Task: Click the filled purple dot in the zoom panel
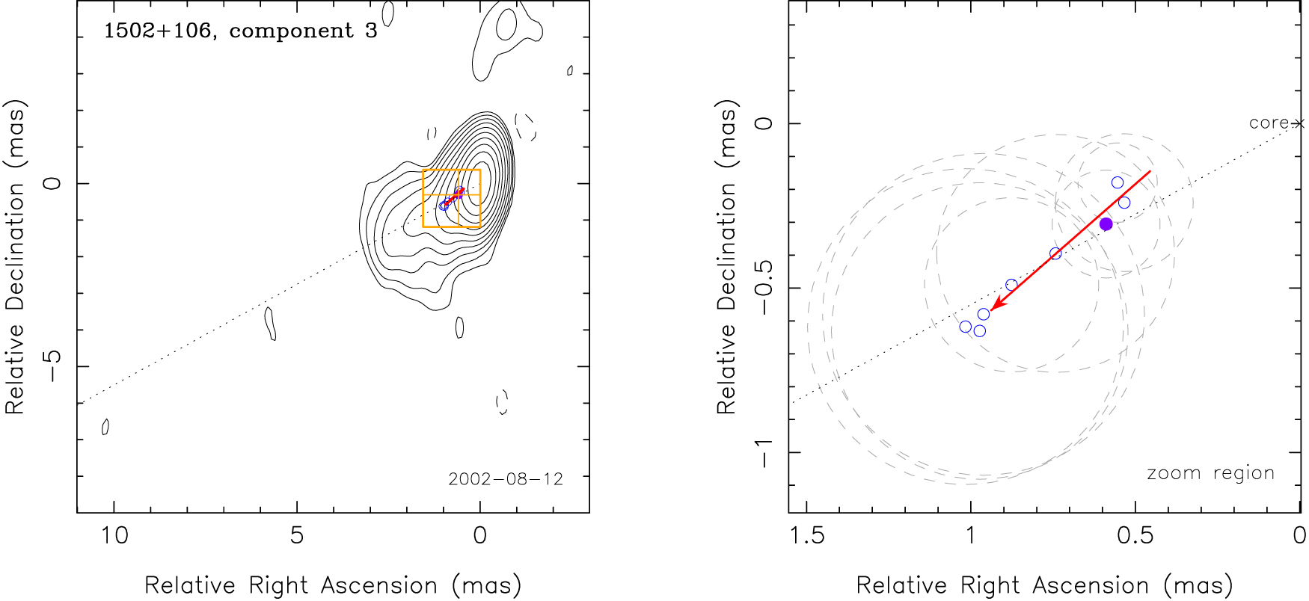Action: pos(1106,224)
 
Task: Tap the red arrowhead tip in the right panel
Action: pos(992,309)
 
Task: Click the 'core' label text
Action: pos(1269,123)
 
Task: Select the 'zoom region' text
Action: pos(1210,473)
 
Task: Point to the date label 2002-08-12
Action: pos(506,479)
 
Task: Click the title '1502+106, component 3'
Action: pos(240,31)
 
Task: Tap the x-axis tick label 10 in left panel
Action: pos(114,535)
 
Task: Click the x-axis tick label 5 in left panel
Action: pos(297,535)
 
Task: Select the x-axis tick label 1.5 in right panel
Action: pos(806,535)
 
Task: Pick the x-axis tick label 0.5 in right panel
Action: pos(1135,535)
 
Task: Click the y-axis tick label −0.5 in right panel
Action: pos(763,288)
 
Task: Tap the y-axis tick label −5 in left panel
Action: pos(52,366)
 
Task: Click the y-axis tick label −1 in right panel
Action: pos(763,452)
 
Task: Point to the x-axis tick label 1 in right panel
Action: pos(970,535)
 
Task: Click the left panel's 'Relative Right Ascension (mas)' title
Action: pos(333,585)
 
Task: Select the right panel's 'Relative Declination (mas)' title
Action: pos(727,256)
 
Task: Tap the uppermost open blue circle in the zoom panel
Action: pos(1118,182)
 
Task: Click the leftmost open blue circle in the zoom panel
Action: pos(966,327)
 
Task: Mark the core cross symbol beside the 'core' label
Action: pos(1299,123)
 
